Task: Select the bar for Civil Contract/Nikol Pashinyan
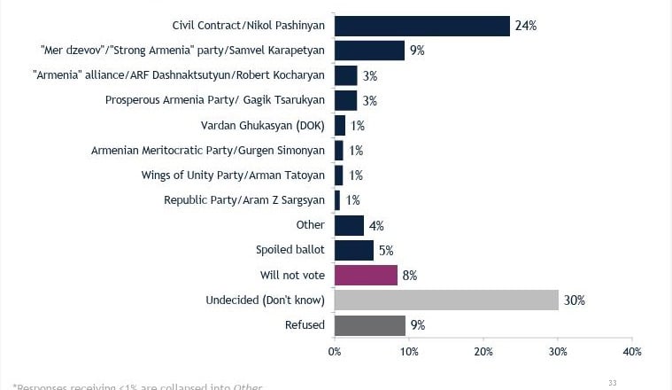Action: pyautogui.click(x=422, y=26)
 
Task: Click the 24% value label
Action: pyautogui.click(x=527, y=26)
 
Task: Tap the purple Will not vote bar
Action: pyautogui.click(x=366, y=276)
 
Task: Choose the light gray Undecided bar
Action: pyautogui.click(x=446, y=300)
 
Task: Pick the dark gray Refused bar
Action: pyautogui.click(x=369, y=325)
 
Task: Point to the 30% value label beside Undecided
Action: pyautogui.click(x=575, y=300)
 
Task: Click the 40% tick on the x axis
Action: pyautogui.click(x=631, y=352)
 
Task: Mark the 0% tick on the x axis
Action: pyautogui.click(x=335, y=352)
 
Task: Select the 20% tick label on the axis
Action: pyautogui.click(x=483, y=352)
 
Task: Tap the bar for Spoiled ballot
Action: pyautogui.click(x=354, y=251)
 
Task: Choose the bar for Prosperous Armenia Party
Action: pyautogui.click(x=346, y=100)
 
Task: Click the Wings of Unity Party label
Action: pyautogui.click(x=233, y=175)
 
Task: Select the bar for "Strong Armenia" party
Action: pyautogui.click(x=369, y=51)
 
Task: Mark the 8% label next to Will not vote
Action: pyautogui.click(x=409, y=276)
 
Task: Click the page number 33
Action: pyautogui.click(x=612, y=382)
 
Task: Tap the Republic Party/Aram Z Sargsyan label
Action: pyautogui.click(x=244, y=200)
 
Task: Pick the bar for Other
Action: pyautogui.click(x=349, y=225)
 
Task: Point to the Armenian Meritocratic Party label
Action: pyautogui.click(x=208, y=151)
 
